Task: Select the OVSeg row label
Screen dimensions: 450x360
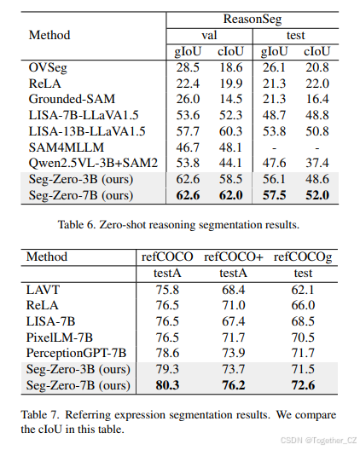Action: [48, 66]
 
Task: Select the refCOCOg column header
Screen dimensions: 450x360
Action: [303, 257]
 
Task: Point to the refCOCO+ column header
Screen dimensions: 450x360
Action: [233, 257]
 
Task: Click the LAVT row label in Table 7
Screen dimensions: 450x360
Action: [44, 290]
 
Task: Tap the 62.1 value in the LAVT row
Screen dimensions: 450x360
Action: [303, 290]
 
